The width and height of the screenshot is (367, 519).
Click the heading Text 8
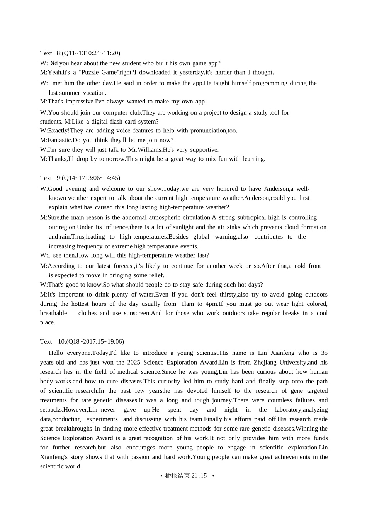tap(50, 53)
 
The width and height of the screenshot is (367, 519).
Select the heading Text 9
tap(50, 178)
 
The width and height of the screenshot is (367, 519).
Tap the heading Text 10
tap(51, 342)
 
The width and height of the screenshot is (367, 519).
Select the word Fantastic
tap(59, 140)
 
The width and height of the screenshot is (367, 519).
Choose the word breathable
tap(53, 313)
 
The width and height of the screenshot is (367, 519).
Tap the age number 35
tap(324, 353)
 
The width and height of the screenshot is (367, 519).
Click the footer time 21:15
tap(199, 476)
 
